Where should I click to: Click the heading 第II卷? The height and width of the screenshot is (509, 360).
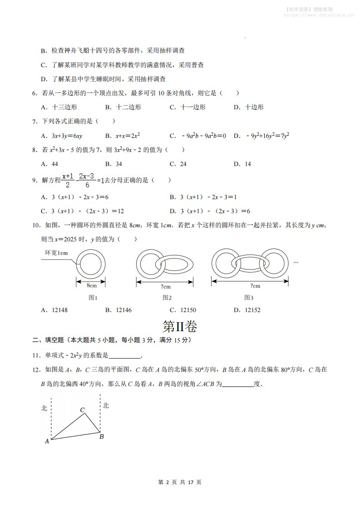tap(180, 327)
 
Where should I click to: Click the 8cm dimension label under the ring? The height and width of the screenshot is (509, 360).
tap(91, 285)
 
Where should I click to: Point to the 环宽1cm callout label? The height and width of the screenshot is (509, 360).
tap(56, 253)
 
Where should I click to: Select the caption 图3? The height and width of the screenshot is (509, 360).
tap(248, 298)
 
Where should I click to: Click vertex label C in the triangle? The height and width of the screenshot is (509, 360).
tap(83, 410)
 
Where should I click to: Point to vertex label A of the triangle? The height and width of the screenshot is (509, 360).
tap(47, 440)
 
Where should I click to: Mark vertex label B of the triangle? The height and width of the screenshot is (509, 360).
tap(102, 436)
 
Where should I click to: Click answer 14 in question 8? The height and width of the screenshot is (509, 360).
tap(247, 164)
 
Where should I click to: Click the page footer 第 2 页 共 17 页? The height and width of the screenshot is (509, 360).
tap(180, 482)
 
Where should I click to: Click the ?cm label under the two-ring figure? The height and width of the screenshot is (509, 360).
tap(165, 286)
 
